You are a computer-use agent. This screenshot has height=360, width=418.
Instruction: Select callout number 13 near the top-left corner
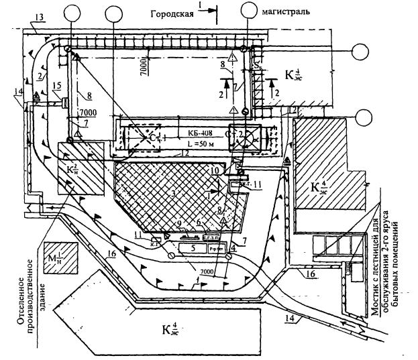(x=40, y=15)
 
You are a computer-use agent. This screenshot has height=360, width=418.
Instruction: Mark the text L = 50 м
(x=199, y=144)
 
